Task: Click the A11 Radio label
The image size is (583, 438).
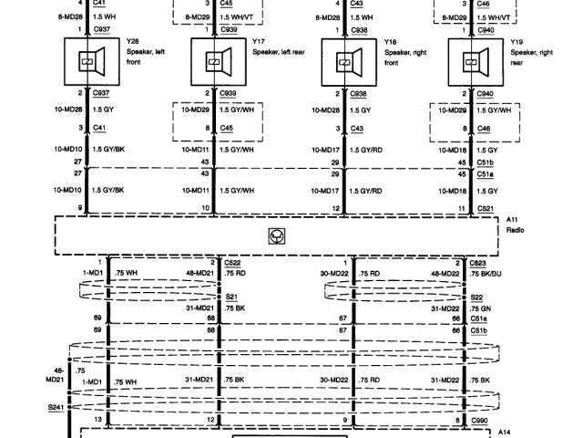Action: tap(514, 224)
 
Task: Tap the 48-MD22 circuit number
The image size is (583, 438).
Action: tap(445, 273)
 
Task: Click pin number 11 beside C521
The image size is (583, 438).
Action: tap(460, 209)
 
